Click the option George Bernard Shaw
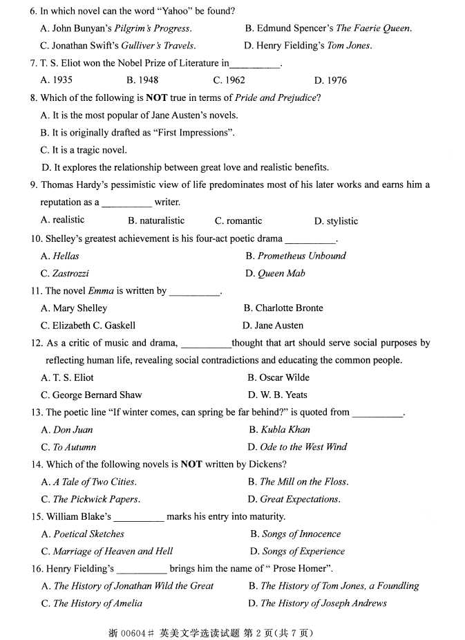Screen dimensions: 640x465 97,395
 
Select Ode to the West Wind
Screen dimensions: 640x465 303,447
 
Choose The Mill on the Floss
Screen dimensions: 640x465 303,482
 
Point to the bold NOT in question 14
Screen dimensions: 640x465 191,464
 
